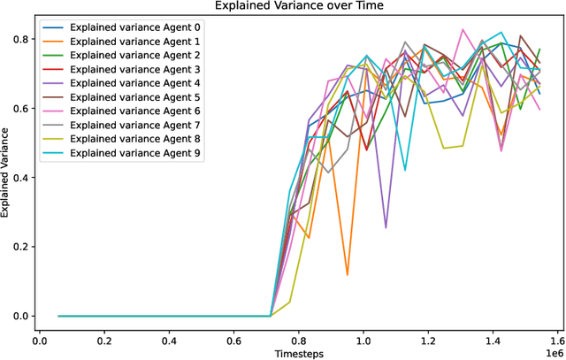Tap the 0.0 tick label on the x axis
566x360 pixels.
(39, 339)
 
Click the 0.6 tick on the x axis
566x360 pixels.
(234, 339)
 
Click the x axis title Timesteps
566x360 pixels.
(297, 353)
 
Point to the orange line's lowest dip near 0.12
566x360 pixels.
(348, 274)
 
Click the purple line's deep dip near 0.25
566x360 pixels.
(386, 227)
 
